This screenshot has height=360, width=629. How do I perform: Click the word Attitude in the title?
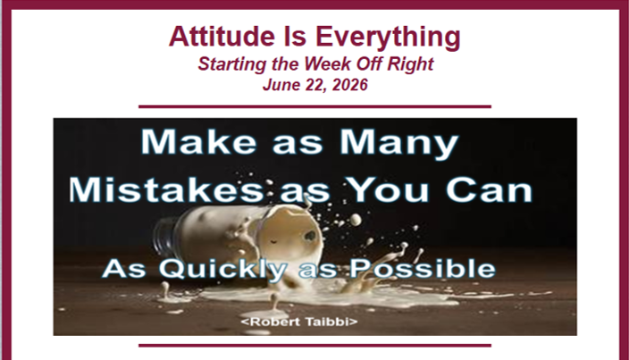[x=222, y=36]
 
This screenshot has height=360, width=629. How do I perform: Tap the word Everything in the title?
[x=388, y=38]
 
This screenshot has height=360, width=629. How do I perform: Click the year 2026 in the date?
[x=350, y=85]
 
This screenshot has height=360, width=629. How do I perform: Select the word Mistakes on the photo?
[x=165, y=189]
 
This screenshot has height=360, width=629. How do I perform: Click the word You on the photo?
[x=388, y=189]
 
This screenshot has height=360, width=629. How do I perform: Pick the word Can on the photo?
[x=489, y=189]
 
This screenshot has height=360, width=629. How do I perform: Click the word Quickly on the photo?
[x=222, y=269]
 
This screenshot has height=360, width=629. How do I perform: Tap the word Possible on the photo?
[x=423, y=268]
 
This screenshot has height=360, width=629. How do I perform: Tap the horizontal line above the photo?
[x=314, y=106]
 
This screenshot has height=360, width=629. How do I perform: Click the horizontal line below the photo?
[x=314, y=345]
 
